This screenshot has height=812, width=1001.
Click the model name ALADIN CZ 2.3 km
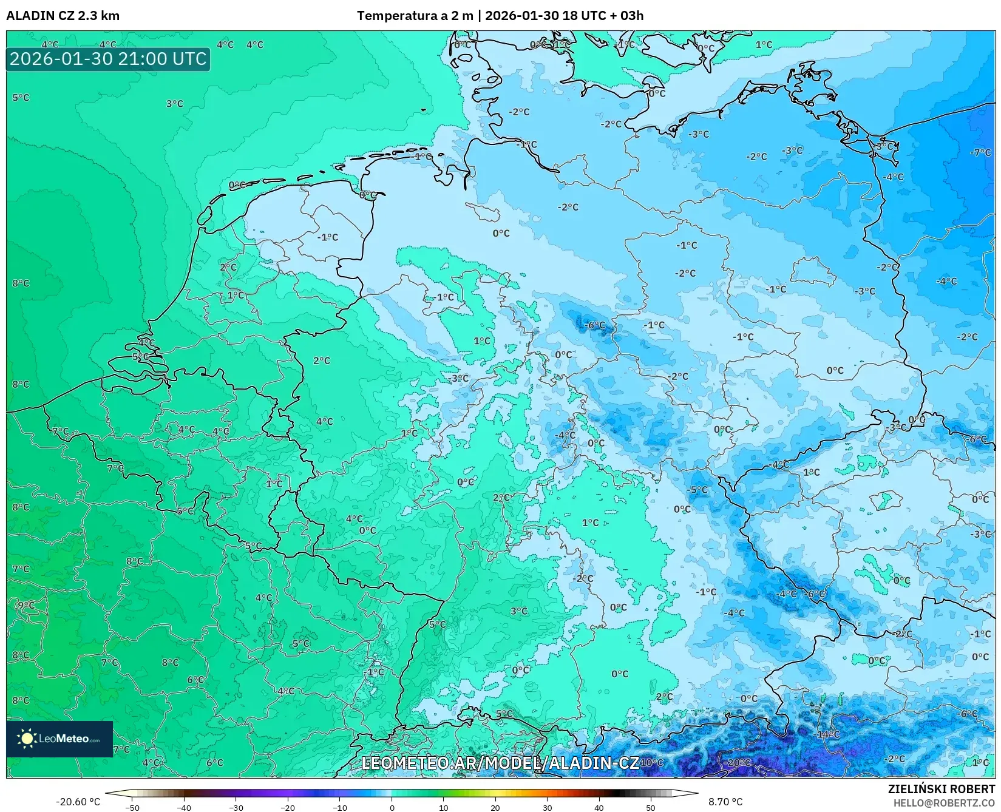point(63,16)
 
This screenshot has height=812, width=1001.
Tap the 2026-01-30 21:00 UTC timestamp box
point(108,59)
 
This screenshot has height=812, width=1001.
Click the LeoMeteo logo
point(59,739)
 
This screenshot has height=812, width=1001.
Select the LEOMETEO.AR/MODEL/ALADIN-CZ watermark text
point(500,763)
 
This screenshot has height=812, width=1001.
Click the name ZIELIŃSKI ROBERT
point(942,789)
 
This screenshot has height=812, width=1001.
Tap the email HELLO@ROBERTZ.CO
point(943,803)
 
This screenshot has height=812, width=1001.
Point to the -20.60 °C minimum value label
point(78,802)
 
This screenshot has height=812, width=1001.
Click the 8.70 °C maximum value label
point(725,802)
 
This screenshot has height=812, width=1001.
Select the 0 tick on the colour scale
point(392,807)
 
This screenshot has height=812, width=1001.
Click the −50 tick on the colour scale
point(132,807)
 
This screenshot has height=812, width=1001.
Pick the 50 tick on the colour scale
point(651,807)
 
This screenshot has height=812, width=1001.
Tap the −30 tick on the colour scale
point(236,807)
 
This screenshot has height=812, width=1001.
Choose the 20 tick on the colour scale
point(495,807)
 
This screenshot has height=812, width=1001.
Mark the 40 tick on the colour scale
point(599,807)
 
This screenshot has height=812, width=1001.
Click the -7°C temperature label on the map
point(980,152)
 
